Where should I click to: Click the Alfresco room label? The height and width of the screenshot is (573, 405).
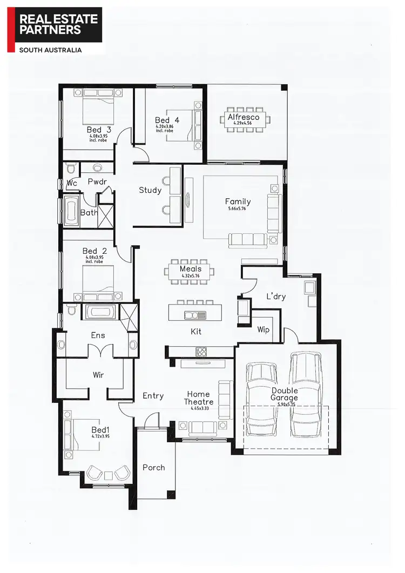(243, 117)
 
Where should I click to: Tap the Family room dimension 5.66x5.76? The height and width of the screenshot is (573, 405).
(238, 208)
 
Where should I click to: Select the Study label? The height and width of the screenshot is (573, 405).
(150, 190)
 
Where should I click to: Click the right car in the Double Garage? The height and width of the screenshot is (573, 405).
(306, 394)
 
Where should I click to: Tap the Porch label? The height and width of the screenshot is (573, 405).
(153, 468)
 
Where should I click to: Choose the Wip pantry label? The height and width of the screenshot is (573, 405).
(263, 329)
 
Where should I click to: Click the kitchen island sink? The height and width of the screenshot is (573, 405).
(194, 315)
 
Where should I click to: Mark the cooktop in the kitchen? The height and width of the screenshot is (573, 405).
(201, 352)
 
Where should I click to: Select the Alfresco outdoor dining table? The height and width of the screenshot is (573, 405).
(243, 119)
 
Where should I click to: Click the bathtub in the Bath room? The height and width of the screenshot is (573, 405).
(71, 210)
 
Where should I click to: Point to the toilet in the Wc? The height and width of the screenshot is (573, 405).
(67, 170)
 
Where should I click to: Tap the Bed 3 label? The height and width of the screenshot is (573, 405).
(99, 130)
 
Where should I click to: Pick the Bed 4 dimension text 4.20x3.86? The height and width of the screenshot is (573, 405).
(164, 126)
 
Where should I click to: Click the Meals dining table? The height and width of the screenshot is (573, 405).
(191, 273)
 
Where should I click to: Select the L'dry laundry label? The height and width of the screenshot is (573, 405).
(276, 296)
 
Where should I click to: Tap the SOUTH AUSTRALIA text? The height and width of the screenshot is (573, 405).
(50, 50)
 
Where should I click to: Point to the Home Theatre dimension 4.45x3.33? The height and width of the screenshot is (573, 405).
(199, 409)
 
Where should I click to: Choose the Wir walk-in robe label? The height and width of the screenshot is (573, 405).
(98, 375)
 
